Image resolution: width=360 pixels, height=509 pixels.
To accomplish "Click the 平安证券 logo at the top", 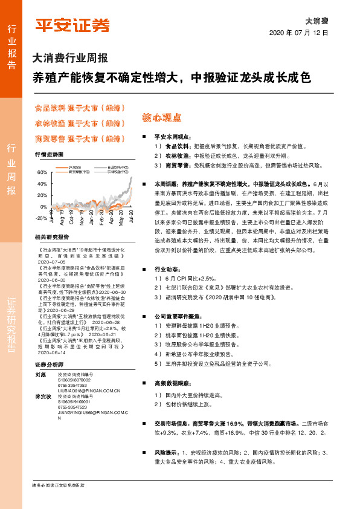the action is tap(72, 25).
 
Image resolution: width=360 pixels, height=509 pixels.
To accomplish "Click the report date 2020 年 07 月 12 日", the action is tap(298, 33).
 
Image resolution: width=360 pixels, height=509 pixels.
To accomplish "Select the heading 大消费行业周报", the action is tap(70, 59).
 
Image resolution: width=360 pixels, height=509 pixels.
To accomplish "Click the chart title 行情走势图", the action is tap(49, 155).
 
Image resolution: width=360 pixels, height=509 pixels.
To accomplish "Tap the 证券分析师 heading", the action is tap(49, 365).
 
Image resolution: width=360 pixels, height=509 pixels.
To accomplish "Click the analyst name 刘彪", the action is tap(40, 375).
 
